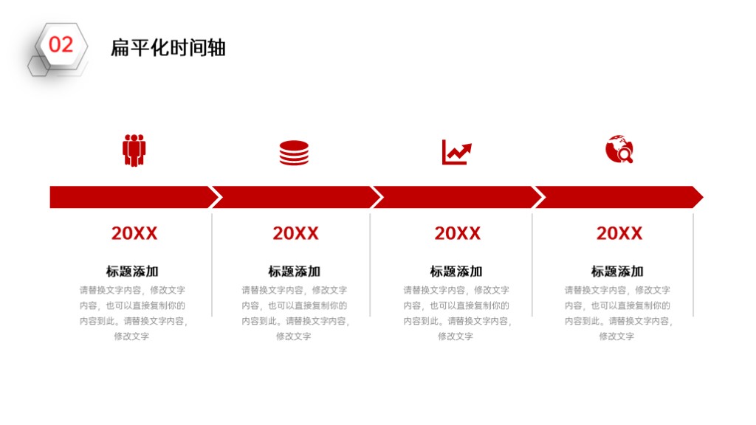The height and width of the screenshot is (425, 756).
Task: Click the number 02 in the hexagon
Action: tap(61, 45)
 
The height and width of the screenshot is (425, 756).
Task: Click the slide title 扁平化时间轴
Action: tap(168, 48)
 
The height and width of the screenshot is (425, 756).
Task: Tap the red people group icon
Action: tap(134, 151)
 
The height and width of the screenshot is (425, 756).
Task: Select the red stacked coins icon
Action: tap(294, 153)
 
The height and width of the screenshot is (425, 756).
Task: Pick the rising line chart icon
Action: tap(456, 152)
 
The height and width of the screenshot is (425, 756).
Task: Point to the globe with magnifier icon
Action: tap(619, 149)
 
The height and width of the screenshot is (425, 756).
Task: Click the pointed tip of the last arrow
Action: tap(703, 197)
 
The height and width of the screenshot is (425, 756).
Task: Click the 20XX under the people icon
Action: tap(134, 233)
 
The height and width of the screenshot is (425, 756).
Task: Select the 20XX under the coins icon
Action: tap(295, 233)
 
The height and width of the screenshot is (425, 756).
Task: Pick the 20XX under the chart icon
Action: tap(458, 233)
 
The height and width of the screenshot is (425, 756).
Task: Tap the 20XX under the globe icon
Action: tap(619, 233)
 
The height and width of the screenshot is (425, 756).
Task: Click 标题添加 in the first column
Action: tap(132, 272)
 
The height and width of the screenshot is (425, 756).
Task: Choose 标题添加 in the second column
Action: tap(294, 272)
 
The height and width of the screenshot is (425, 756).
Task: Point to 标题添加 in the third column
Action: tap(456, 272)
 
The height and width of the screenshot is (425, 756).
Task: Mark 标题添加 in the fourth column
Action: tap(617, 272)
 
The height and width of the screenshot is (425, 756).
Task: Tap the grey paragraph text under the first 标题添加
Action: tap(133, 313)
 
